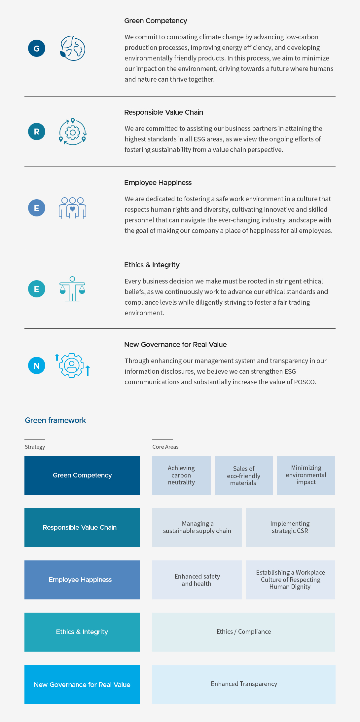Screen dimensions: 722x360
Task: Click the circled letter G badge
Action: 37,48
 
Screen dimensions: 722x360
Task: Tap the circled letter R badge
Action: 37,132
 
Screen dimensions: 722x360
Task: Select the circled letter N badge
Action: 37,365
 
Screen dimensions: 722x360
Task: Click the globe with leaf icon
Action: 73,48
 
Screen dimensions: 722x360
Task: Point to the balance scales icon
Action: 72,289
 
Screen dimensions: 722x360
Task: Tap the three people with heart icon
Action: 72,208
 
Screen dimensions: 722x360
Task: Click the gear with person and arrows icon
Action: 72,365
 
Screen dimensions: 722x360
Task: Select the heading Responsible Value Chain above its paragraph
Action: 163,112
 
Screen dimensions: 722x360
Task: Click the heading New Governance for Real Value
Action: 175,345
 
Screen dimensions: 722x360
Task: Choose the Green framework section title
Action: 55,420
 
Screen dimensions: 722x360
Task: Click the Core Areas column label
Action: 165,447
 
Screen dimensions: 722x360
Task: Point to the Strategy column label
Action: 35,447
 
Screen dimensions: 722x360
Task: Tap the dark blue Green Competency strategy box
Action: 82,475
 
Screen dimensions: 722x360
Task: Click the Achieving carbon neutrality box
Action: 181,475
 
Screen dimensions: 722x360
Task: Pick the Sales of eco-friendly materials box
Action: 244,475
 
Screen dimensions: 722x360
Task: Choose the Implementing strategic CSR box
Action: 290,527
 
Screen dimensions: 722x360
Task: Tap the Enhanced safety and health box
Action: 197,580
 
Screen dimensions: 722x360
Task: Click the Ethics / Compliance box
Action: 244,632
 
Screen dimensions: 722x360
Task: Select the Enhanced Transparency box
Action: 244,684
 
